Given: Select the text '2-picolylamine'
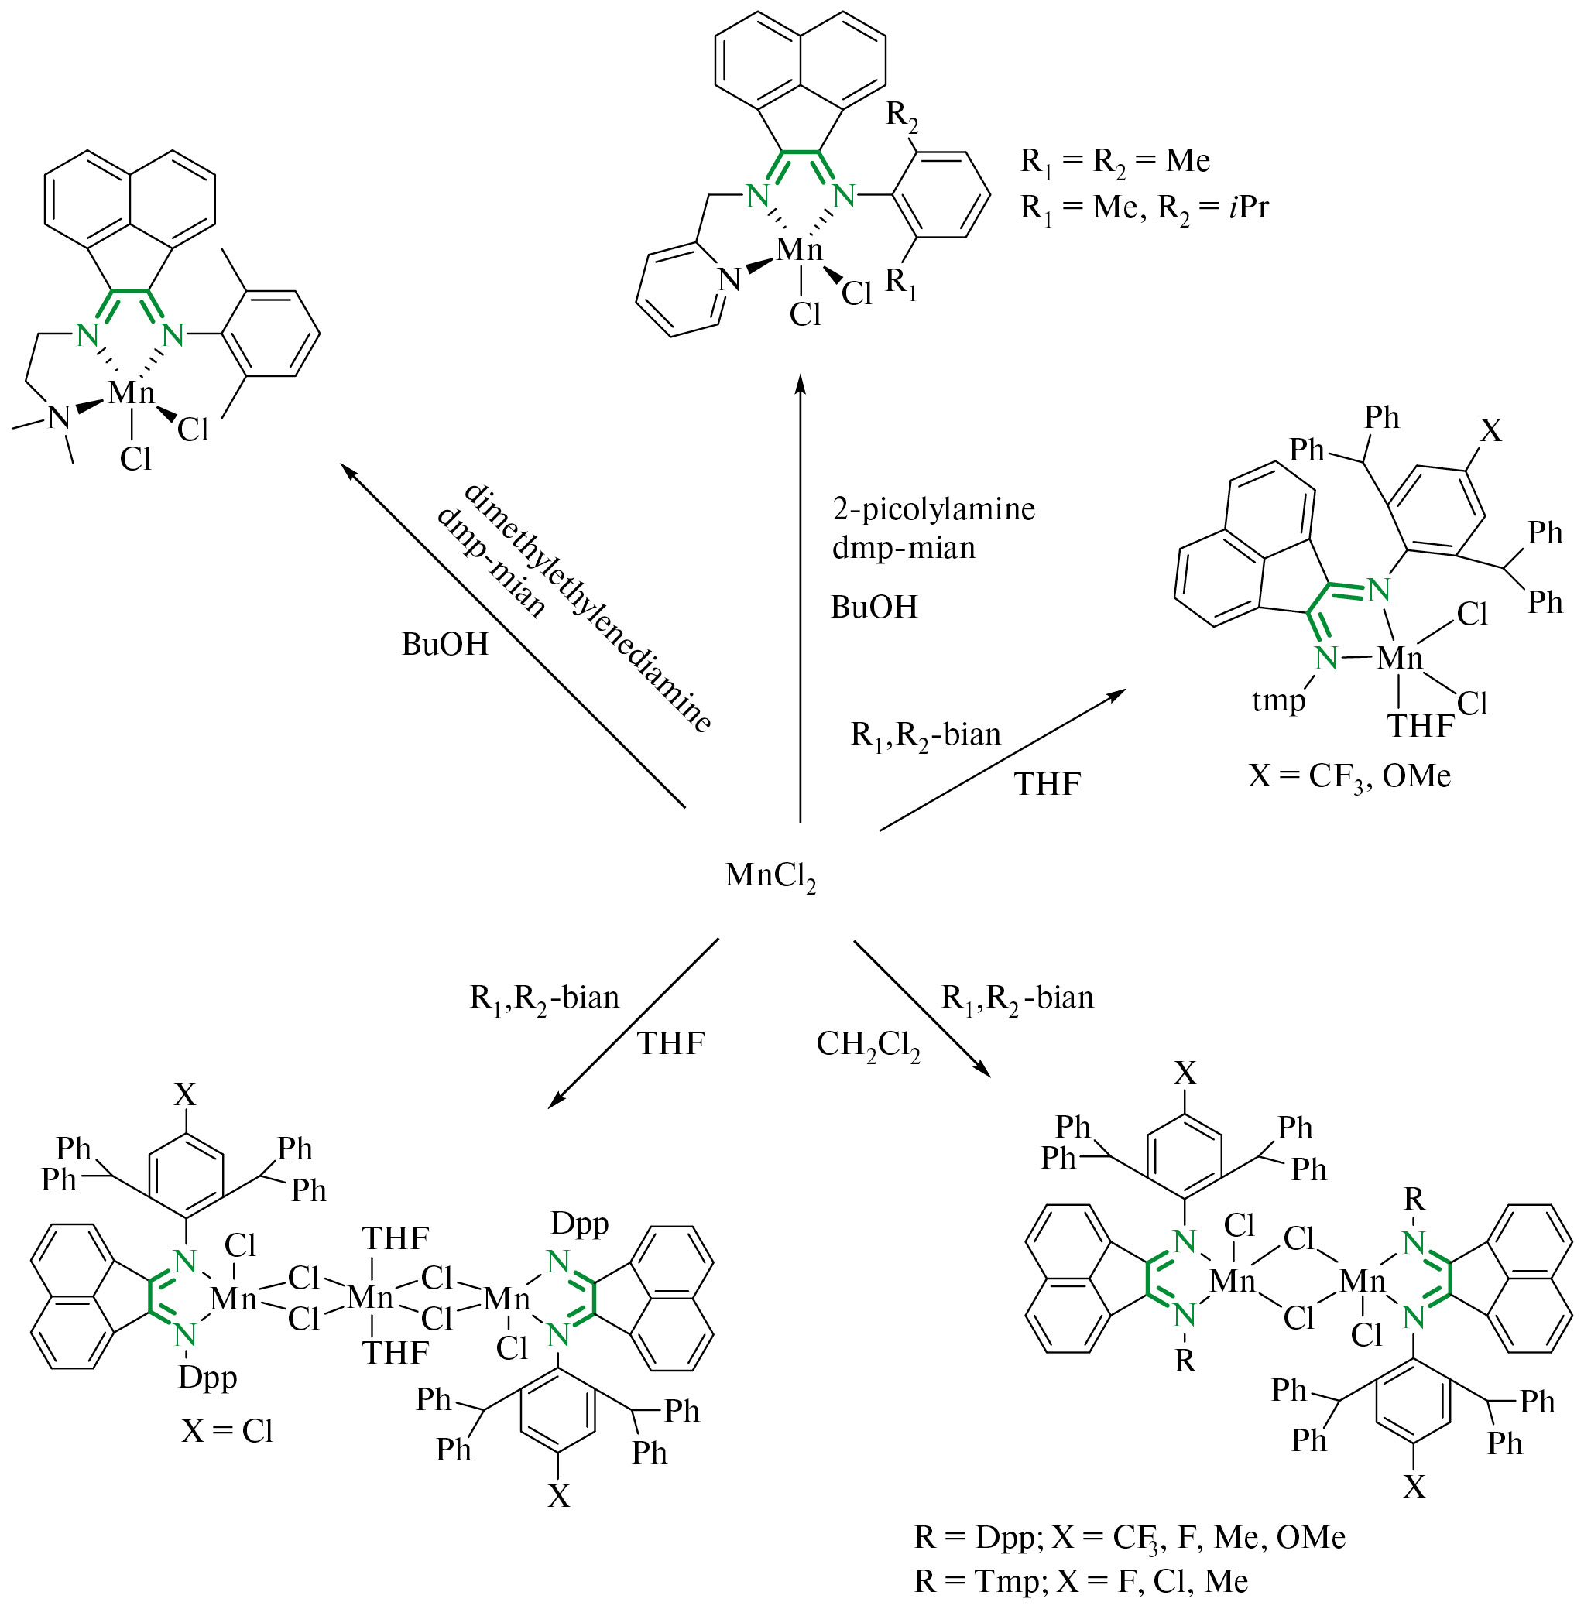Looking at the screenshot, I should click(933, 508).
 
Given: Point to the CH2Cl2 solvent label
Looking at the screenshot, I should click(868, 1045).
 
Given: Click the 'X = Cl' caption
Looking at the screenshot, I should click(228, 1431).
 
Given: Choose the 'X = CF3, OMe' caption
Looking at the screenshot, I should click(1349, 776).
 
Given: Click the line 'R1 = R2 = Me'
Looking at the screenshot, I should click(1115, 161).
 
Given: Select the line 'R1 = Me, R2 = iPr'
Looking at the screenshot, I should click(1144, 207).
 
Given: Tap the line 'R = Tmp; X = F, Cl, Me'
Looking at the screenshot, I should click(1082, 1580).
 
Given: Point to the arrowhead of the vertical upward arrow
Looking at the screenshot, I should click(801, 383).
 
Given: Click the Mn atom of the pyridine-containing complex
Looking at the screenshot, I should click(799, 249).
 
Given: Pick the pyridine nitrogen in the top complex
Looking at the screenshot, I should click(729, 280).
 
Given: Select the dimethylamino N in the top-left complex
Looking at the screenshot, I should click(58, 417).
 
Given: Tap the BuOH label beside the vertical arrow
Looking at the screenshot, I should click(874, 607).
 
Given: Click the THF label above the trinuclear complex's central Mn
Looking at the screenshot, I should click(396, 1239).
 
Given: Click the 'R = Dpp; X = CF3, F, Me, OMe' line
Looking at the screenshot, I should click(1130, 1537).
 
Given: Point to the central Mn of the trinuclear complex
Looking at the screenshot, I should click(371, 1296).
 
